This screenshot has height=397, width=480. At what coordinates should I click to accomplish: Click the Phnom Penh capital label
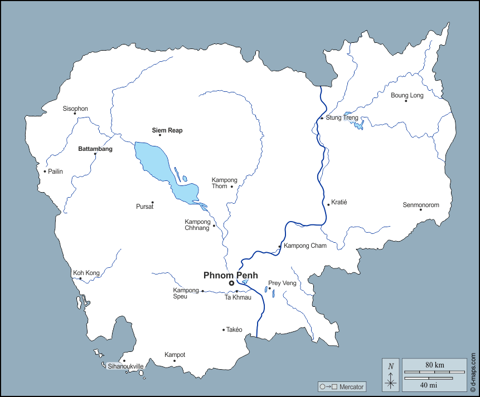coord(230,275)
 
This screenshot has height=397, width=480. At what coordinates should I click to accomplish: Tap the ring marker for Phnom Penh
coord(231,283)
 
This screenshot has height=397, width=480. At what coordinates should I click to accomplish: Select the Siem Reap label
coord(167,130)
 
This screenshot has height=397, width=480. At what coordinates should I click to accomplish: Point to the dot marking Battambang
coord(95,154)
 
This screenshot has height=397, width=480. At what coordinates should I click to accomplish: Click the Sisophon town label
coord(75,109)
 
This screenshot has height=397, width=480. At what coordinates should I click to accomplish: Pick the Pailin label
coord(55,171)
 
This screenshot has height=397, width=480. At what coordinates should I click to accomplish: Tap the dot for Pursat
coord(152,202)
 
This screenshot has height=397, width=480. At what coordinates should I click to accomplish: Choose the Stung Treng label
coord(342,118)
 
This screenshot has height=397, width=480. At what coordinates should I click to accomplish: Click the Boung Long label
coord(407,95)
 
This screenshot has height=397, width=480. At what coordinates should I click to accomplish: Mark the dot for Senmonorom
coord(420,209)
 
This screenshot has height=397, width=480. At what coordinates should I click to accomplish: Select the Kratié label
coord(339,202)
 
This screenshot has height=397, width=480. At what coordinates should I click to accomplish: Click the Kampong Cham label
coord(305,246)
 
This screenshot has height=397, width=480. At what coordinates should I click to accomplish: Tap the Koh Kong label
coord(86,273)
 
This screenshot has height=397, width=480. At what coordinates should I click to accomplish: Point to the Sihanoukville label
coord(125,366)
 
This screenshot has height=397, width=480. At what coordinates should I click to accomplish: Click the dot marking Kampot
coord(174,361)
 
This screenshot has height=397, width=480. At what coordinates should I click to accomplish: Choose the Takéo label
coord(234,330)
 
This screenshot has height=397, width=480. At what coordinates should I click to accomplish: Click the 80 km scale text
coord(434,365)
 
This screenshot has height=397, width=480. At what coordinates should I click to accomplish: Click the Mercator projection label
coord(351,386)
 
